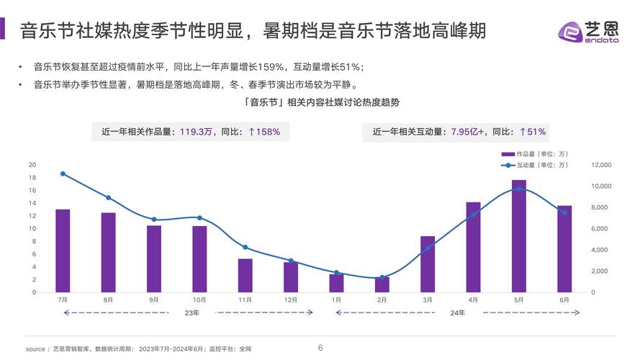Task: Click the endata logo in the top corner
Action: click(x=588, y=32)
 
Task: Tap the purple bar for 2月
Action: click(x=382, y=284)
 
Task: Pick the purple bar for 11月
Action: click(x=245, y=275)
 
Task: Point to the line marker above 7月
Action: click(x=63, y=174)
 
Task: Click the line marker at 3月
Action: click(x=428, y=248)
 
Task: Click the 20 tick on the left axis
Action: click(x=32, y=165)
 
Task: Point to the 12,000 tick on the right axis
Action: click(x=601, y=165)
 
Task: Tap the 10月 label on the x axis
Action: click(x=199, y=300)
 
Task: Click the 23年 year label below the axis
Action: click(x=191, y=312)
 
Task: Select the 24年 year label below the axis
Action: click(x=457, y=312)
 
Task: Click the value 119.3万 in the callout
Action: click(x=197, y=132)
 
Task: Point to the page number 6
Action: click(x=320, y=348)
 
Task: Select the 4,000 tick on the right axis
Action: click(x=601, y=250)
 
